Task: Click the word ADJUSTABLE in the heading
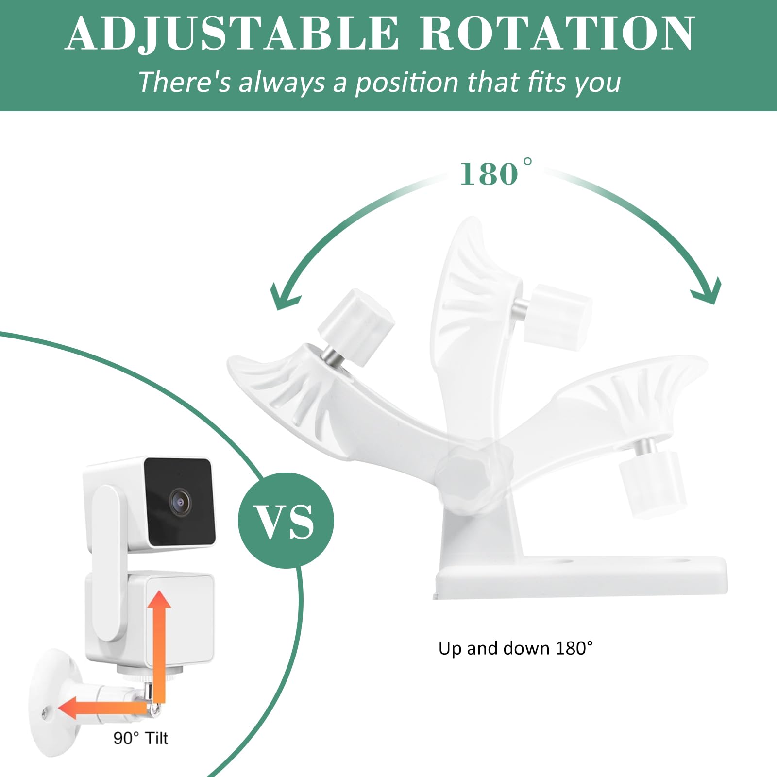pos(231,34)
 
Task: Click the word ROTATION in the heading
pos(557,34)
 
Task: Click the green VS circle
pos(286,520)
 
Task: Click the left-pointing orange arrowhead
pos(68,708)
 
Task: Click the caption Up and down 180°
pos(515,649)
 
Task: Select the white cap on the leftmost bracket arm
pos(356,321)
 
